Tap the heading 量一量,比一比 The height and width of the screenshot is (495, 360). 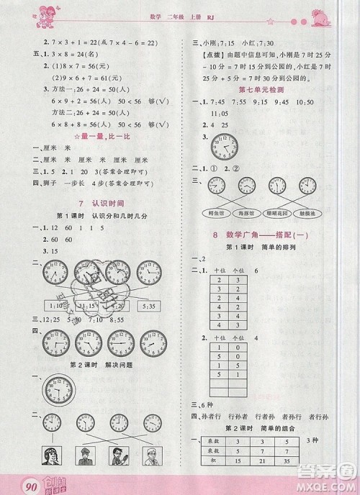coord(101,135)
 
